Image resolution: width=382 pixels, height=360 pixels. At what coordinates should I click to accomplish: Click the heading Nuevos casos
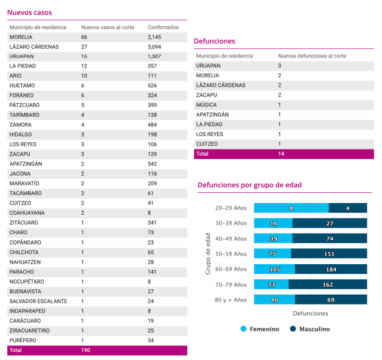tap(29, 12)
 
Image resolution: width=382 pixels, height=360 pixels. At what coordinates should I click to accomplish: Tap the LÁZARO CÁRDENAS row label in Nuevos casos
tap(34, 47)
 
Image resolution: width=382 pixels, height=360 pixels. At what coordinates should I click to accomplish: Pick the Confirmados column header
tap(163, 27)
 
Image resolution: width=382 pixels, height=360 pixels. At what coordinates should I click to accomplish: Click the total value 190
tap(86, 350)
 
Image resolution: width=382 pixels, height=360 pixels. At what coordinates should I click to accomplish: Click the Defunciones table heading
tap(214, 41)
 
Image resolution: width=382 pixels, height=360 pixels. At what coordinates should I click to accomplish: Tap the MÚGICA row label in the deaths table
tap(207, 105)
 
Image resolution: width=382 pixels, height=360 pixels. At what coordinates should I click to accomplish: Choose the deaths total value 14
tap(281, 154)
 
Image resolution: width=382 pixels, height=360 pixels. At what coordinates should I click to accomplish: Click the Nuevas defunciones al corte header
tap(312, 56)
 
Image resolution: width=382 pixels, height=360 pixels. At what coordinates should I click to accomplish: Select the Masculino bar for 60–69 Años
tap(331, 269)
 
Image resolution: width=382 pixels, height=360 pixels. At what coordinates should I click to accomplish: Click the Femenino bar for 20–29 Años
tap(291, 208)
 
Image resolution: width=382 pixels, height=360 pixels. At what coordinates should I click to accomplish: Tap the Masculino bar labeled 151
tap(329, 254)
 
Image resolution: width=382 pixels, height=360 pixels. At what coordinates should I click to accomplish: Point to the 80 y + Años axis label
tap(231, 300)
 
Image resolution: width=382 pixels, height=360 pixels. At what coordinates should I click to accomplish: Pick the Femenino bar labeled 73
tap(271, 284)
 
